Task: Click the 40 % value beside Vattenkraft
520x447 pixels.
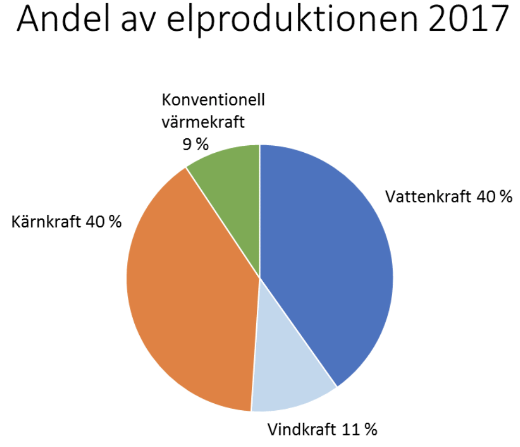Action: (x=494, y=197)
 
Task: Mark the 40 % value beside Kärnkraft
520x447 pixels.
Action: (x=103, y=222)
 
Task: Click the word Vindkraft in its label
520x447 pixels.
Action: (x=303, y=430)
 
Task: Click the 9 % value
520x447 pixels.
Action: (x=196, y=143)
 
